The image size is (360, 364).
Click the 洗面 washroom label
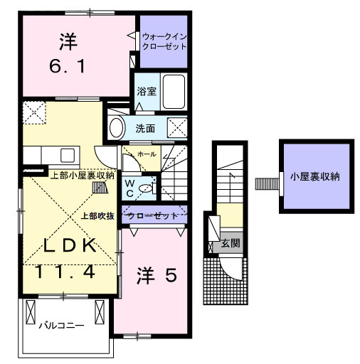point(145,129)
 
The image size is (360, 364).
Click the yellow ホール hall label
point(147,153)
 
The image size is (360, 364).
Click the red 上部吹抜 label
point(97,215)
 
